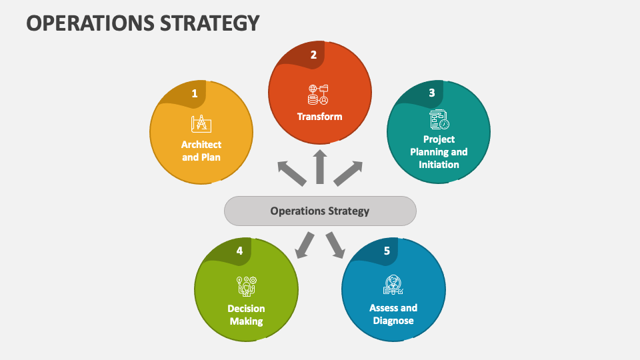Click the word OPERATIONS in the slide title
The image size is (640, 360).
(x=82, y=23)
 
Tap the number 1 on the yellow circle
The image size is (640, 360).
(x=195, y=94)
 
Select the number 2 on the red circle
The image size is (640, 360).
(x=313, y=55)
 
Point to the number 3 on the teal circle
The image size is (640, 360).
(x=431, y=93)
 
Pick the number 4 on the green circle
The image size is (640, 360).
(x=239, y=251)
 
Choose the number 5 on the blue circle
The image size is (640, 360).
(x=387, y=251)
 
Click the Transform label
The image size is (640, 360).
(x=319, y=117)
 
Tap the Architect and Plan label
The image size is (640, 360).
(x=201, y=151)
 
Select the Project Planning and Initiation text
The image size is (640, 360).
(x=439, y=151)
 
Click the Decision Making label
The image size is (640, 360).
(x=246, y=315)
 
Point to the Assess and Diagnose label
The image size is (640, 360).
(x=393, y=314)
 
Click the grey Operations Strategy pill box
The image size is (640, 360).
(x=320, y=211)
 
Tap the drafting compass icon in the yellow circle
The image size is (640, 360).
(x=201, y=124)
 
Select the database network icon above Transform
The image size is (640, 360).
(x=319, y=95)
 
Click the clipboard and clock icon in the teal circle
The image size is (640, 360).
(x=439, y=120)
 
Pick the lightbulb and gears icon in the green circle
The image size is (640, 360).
(x=246, y=285)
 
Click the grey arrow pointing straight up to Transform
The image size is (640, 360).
(x=320, y=167)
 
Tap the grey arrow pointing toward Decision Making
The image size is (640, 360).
(x=305, y=244)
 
